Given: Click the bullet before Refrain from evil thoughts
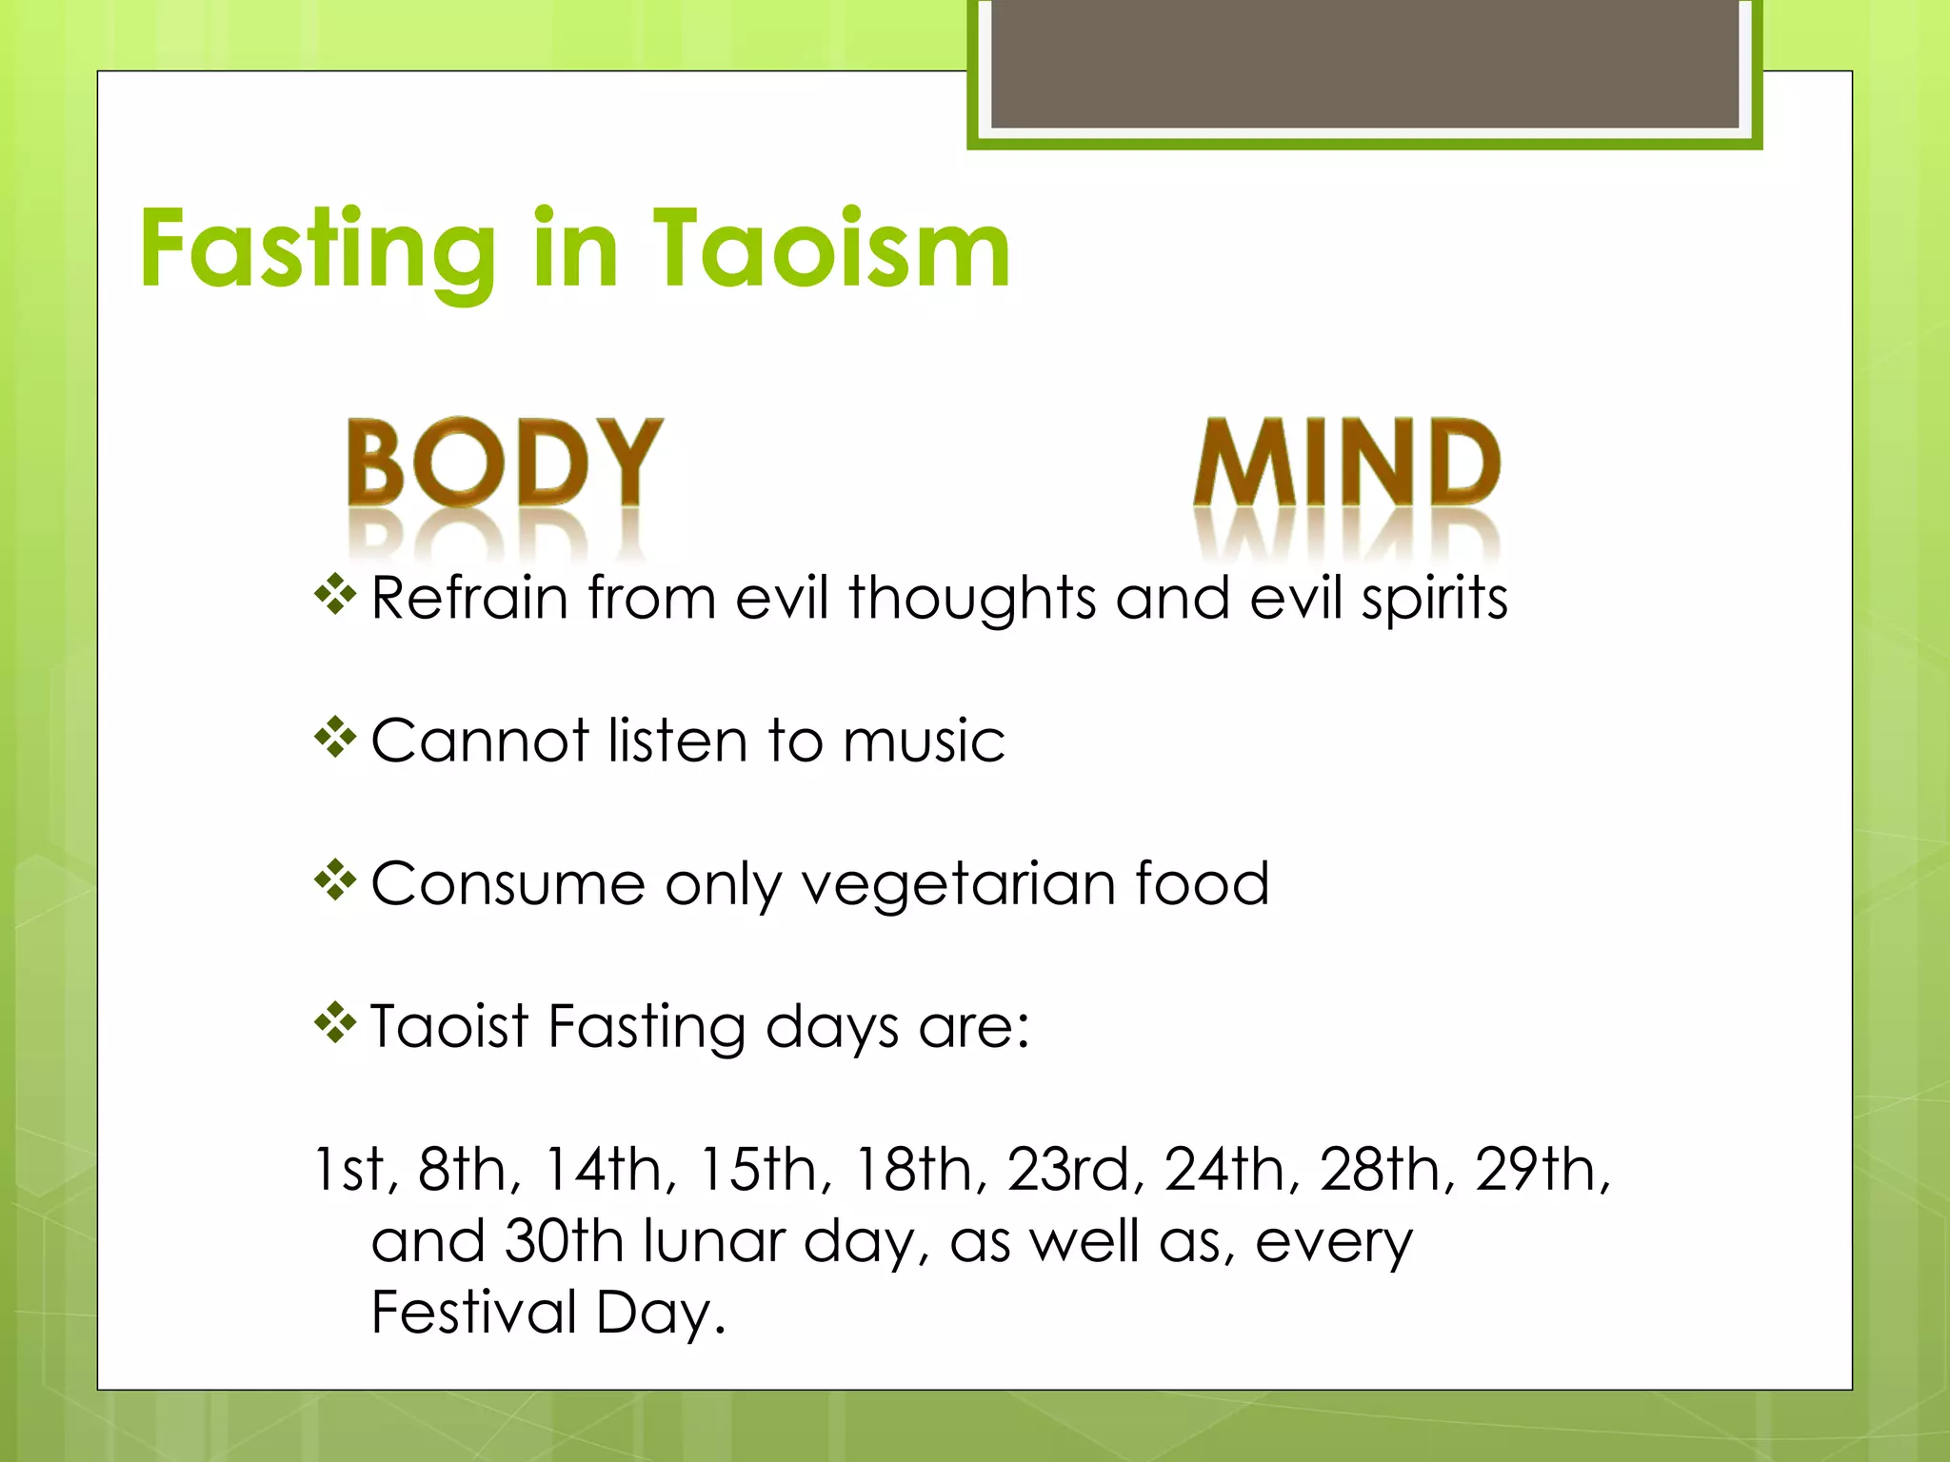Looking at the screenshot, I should pos(335,597).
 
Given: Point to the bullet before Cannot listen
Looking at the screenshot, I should pos(335,740).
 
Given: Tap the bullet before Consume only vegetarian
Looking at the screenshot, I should pos(335,881).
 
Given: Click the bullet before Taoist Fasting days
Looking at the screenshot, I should pos(335,1025).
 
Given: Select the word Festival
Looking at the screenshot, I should pos(473,1313).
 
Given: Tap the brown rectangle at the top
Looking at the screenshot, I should pos(1364,65).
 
